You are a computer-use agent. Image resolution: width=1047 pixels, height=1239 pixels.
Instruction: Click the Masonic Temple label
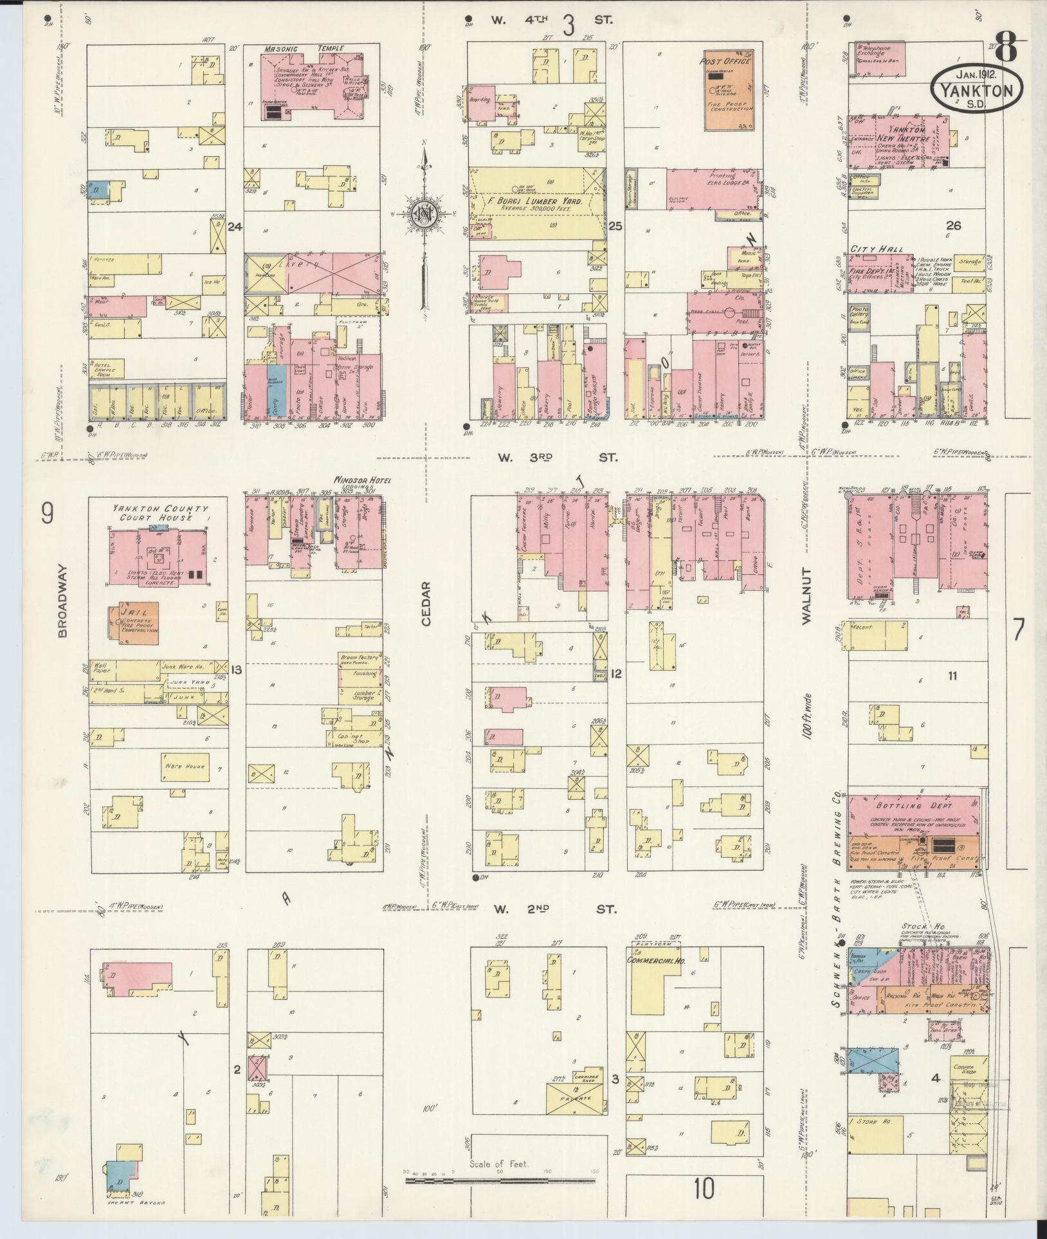pyautogui.click(x=304, y=48)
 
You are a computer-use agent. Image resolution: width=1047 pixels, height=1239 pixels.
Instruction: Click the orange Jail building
pyautogui.click(x=138, y=622)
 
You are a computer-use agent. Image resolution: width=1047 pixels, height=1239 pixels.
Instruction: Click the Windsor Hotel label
pyautogui.click(x=361, y=480)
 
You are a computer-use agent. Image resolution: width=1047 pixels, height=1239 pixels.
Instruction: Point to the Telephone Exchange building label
pyautogui.click(x=880, y=50)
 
